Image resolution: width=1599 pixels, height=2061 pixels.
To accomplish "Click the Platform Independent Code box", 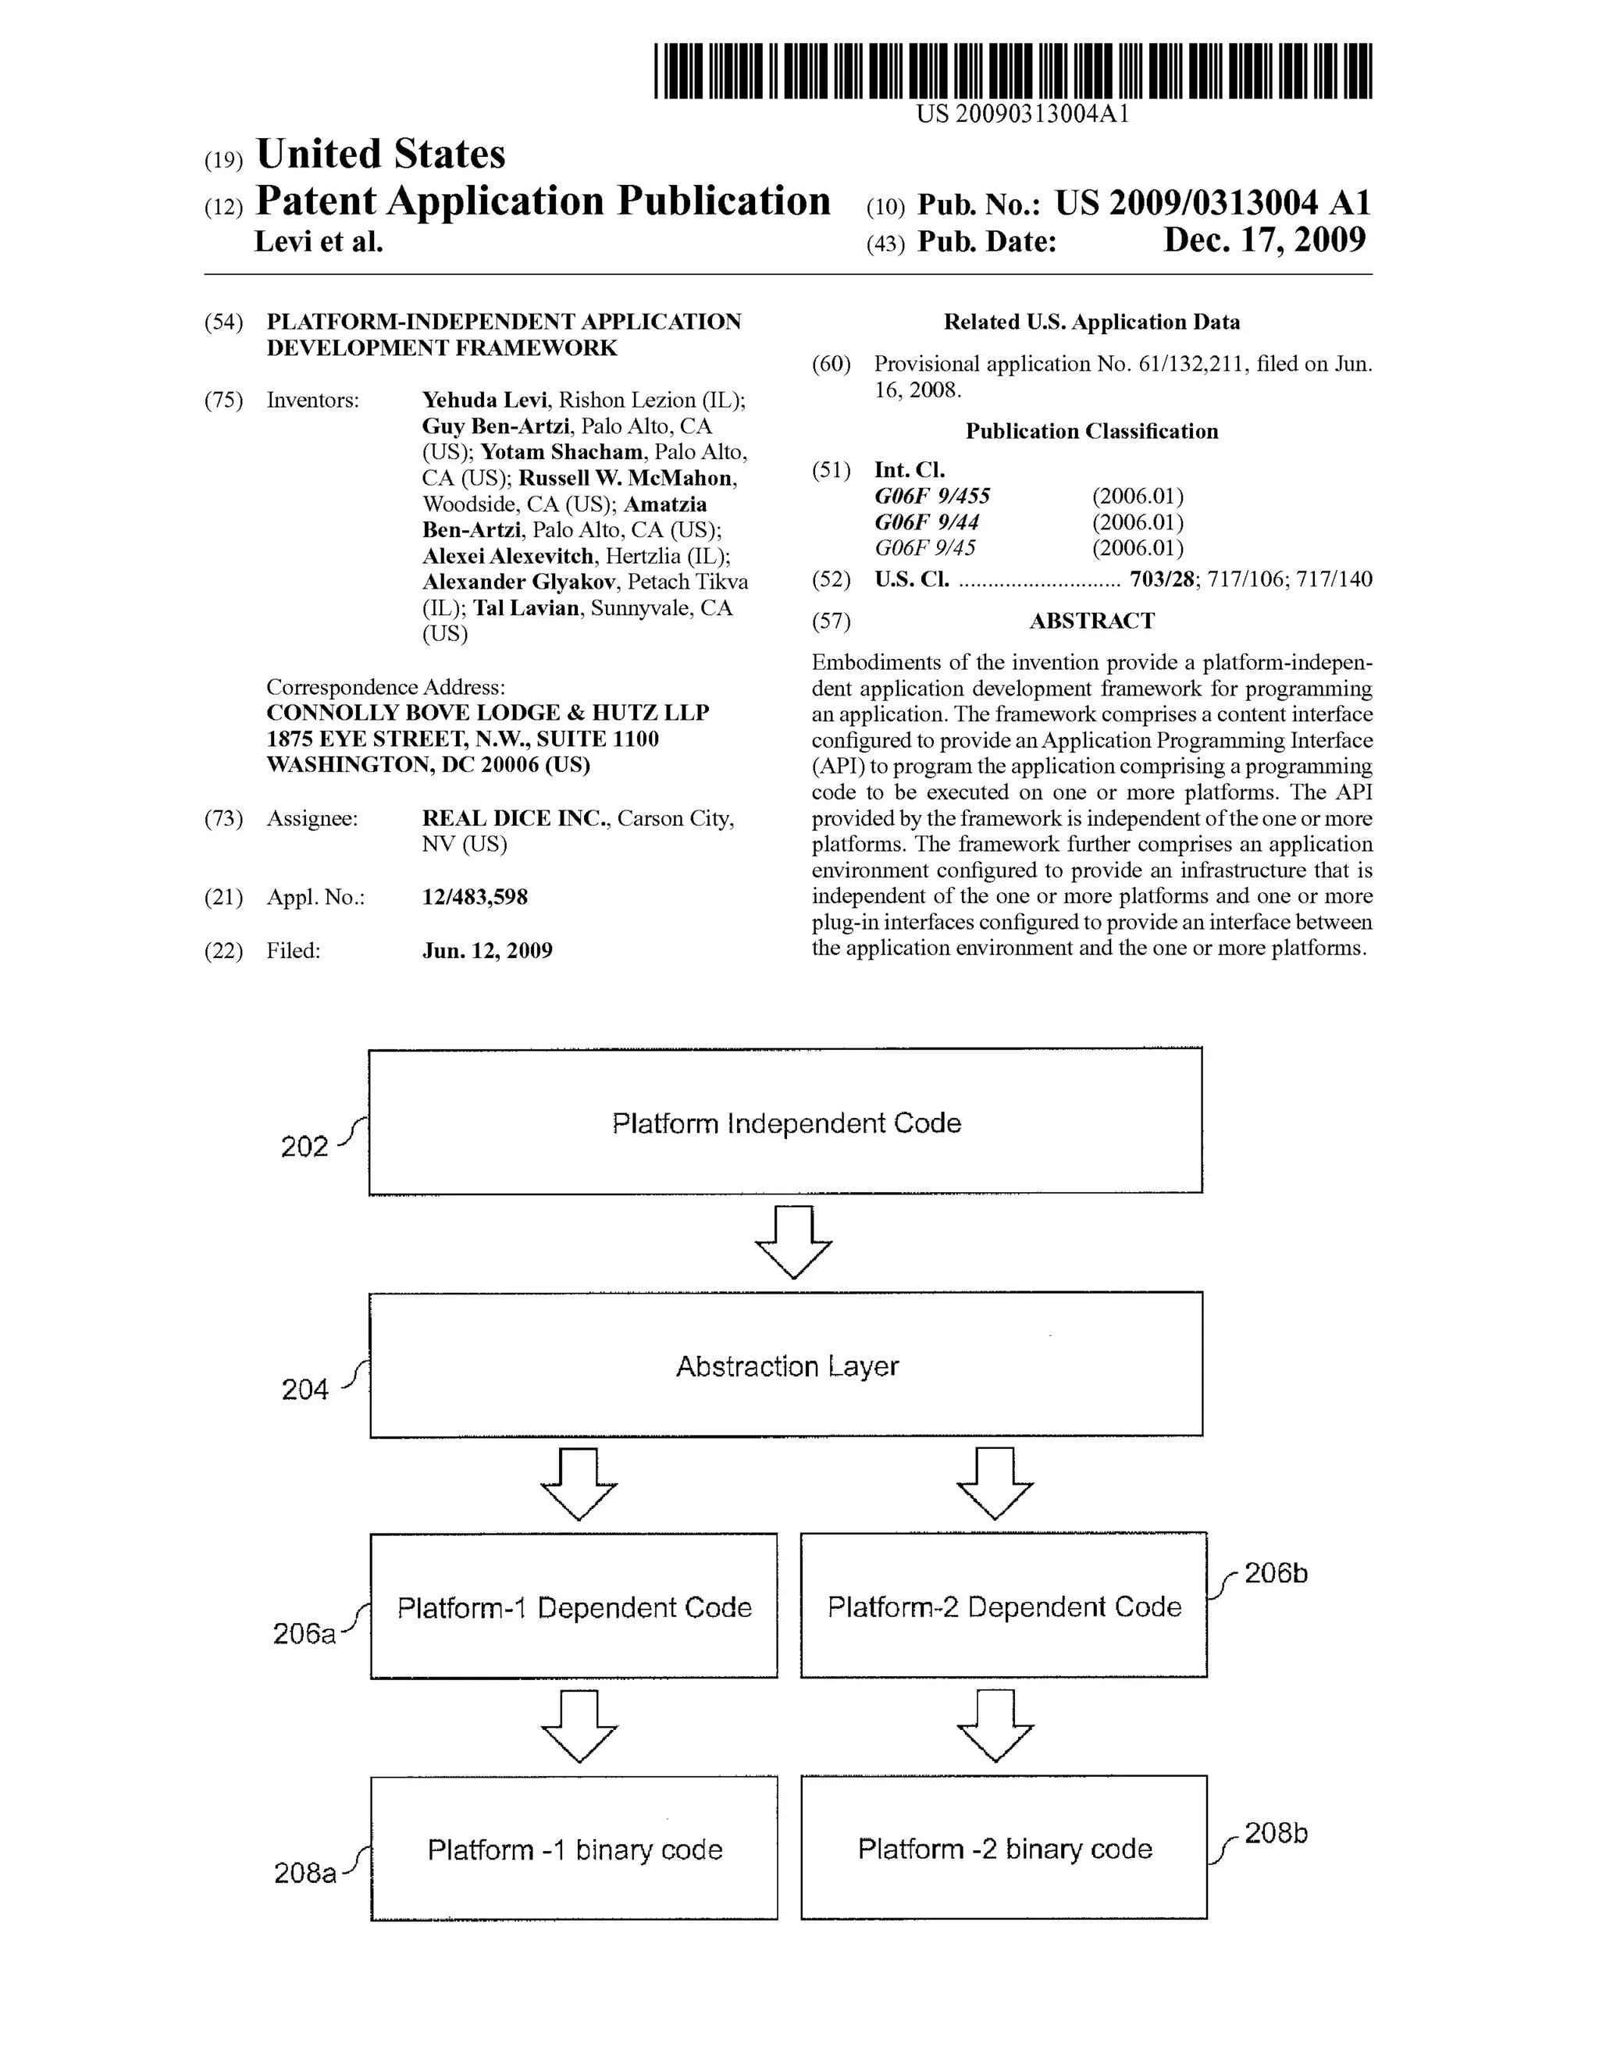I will tap(785, 1121).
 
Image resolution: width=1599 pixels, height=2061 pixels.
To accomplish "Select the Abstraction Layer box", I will tap(785, 1365).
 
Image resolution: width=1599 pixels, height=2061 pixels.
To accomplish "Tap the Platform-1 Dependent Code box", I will tap(574, 1606).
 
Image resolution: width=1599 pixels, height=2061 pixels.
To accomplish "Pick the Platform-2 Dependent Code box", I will tap(1003, 1605).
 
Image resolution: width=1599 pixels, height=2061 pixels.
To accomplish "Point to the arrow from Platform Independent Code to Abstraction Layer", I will tap(793, 1242).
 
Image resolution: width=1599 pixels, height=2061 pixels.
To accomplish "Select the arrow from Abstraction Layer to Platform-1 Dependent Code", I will tap(579, 1483).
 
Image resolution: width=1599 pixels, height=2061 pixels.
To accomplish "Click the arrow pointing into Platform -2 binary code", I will tap(995, 1726).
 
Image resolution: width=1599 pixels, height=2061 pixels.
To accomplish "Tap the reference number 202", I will tap(304, 1147).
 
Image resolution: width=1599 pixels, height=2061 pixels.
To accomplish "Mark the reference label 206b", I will tap(1275, 1573).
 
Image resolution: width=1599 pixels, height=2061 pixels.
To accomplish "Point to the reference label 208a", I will tap(304, 1873).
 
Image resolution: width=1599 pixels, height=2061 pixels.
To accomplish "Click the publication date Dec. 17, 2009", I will tap(1264, 240).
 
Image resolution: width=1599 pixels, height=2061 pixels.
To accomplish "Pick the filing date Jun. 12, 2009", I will tap(487, 950).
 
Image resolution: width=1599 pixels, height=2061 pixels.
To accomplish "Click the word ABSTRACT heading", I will tap(1092, 621).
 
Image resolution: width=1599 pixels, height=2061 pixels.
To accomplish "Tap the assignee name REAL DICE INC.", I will tap(515, 818).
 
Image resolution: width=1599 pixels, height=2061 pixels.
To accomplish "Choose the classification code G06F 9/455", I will tap(931, 497).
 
